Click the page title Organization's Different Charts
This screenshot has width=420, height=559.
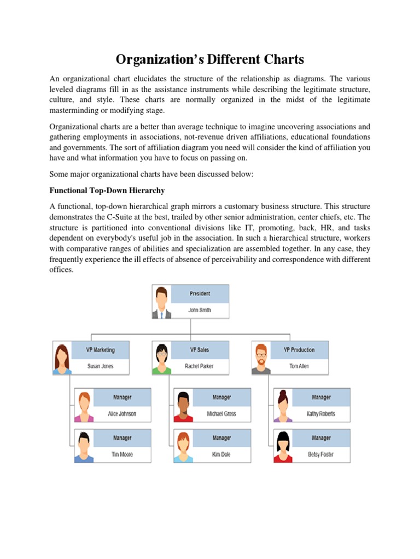point(209,60)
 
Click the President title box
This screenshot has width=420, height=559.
point(200,293)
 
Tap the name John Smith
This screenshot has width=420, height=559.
point(200,310)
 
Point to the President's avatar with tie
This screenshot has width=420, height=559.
point(161,302)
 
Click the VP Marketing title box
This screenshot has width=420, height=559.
point(100,349)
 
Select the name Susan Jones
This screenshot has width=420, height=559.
point(100,366)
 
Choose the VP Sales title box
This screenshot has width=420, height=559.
point(200,349)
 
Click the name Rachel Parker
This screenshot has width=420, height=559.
point(200,366)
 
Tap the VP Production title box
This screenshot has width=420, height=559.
point(299,349)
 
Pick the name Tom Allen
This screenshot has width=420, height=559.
point(299,366)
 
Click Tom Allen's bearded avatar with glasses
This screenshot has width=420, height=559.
point(261,358)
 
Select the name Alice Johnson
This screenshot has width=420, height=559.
point(122,414)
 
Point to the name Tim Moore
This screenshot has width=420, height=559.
point(122,454)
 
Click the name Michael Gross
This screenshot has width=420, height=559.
point(221,414)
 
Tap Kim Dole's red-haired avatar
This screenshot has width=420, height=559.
point(183,447)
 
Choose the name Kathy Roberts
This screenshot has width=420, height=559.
point(321,414)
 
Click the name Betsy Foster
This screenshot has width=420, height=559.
point(321,454)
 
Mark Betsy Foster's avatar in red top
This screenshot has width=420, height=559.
point(283,447)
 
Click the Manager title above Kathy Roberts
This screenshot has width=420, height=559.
point(321,397)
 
